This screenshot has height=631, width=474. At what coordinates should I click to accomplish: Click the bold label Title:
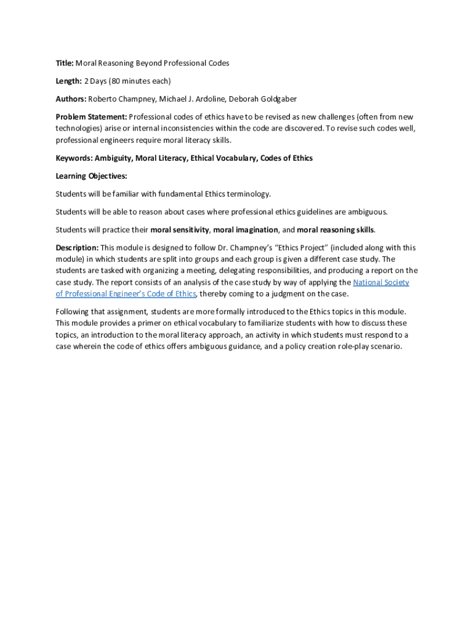click(65, 63)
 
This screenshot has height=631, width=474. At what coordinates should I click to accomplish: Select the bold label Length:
click(68, 81)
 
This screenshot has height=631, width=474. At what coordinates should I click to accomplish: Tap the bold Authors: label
click(71, 99)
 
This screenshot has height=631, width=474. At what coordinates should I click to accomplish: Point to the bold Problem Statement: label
click(91, 116)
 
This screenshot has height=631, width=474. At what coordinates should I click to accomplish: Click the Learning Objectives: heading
click(91, 176)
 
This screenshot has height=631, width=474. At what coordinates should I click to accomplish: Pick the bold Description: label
click(77, 248)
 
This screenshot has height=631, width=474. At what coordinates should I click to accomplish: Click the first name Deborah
click(243, 99)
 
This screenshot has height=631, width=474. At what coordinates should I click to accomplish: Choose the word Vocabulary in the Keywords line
click(232, 158)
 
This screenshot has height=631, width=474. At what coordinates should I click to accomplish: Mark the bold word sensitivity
click(190, 230)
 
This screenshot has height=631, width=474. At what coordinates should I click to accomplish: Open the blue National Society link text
click(381, 283)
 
